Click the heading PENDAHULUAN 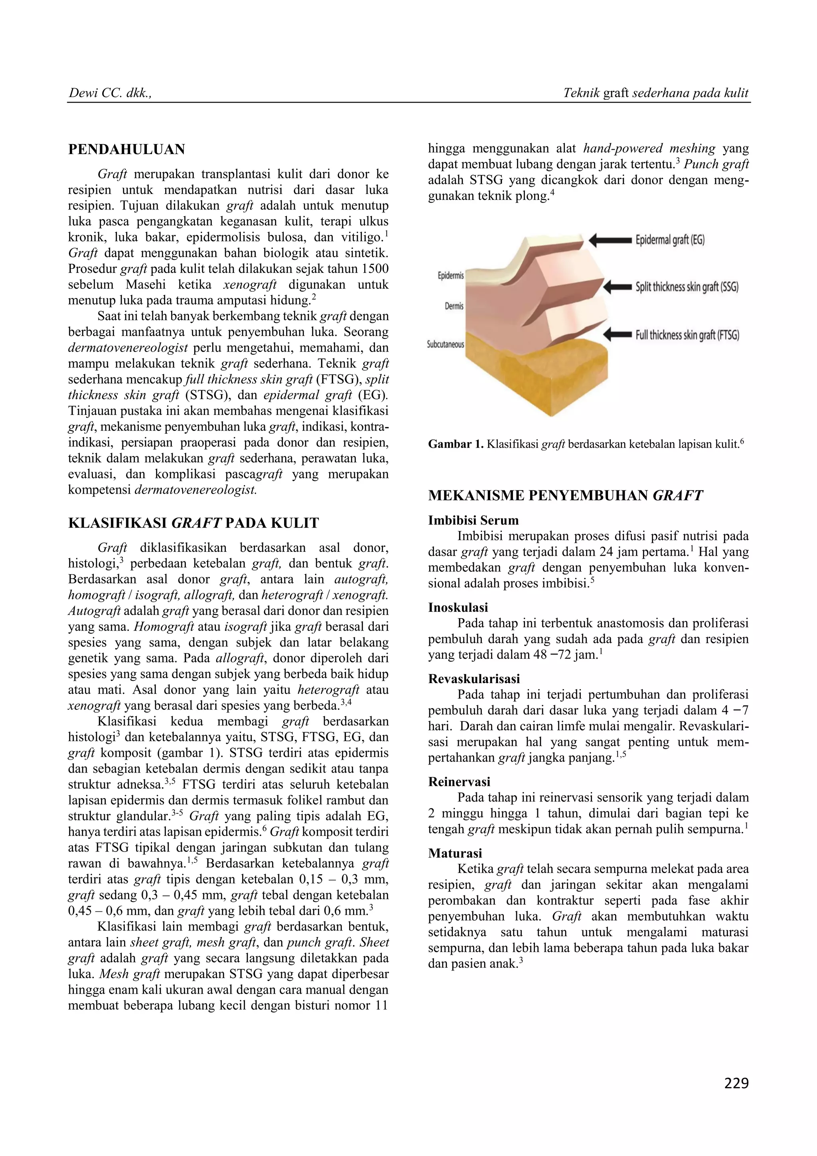pos(126,150)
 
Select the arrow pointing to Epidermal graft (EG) pos(610,240)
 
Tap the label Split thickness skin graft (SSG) pos(687,287)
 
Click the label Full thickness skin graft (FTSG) pos(687,335)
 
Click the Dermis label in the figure pos(454,306)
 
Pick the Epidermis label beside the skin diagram pos(450,276)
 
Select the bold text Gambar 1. pos(455,444)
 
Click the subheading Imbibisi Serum pos(473,520)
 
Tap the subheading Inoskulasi pos(458,607)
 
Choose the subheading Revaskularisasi pos(474,679)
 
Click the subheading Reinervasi pos(459,781)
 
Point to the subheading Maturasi pos(455,853)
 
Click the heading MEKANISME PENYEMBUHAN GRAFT pos(565,496)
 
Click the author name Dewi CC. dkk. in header pos(109,93)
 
